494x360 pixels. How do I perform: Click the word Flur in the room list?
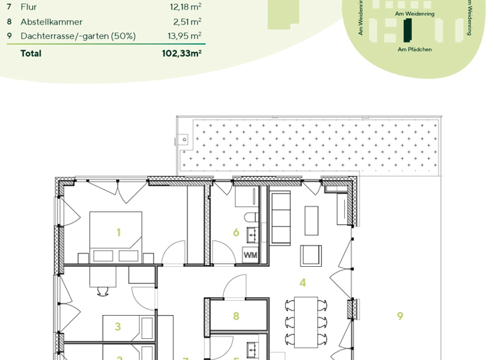tap(29, 7)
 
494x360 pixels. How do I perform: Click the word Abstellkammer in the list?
tap(51, 21)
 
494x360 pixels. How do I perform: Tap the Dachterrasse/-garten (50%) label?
tap(78, 36)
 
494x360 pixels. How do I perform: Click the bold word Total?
tap(31, 53)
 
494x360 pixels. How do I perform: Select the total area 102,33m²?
tap(182, 53)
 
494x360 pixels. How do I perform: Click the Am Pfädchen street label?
tap(415, 50)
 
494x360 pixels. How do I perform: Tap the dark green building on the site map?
tap(407, 30)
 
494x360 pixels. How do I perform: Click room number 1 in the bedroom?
tap(119, 232)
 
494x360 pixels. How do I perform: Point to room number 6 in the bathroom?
tap(236, 233)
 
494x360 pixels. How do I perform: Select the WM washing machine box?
tap(249, 256)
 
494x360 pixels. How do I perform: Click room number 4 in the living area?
tap(302, 282)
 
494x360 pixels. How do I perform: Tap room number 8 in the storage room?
tap(236, 316)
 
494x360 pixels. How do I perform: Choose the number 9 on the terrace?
tap(400, 316)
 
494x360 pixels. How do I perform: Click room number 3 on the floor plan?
tap(118, 327)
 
